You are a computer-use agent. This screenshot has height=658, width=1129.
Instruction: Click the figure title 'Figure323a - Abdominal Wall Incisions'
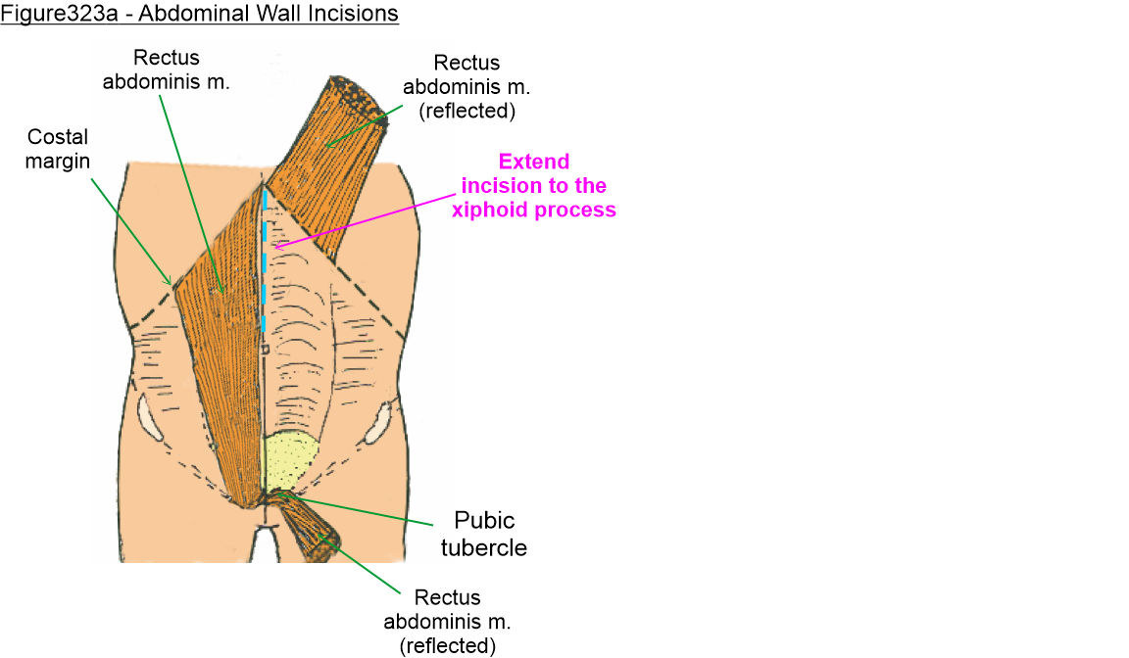pos(199,15)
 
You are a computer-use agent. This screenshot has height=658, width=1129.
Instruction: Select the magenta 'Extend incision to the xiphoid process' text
pos(533,185)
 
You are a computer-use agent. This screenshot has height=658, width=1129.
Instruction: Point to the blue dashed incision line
pos(264,264)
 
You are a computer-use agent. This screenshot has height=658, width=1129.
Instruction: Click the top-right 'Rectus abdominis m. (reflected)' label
pos(466,86)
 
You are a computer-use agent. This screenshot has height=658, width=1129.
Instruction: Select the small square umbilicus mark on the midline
pos(265,348)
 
